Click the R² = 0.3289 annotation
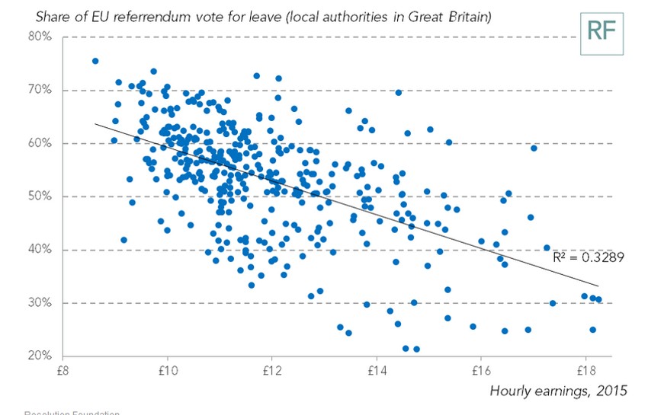(x=589, y=258)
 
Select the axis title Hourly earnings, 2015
(x=559, y=391)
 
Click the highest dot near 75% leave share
(x=95, y=61)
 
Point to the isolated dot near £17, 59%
(x=534, y=148)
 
